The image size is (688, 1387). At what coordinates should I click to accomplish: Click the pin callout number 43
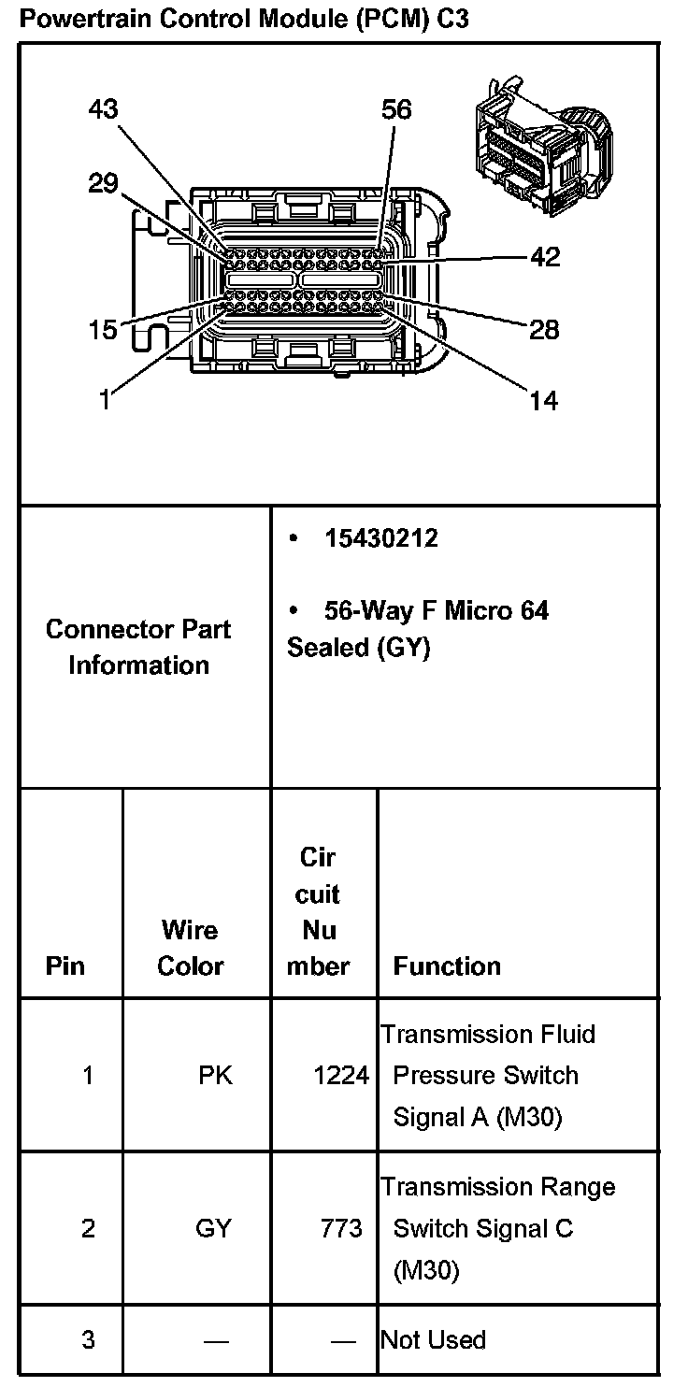tap(104, 109)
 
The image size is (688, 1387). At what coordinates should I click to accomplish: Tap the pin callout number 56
tap(396, 109)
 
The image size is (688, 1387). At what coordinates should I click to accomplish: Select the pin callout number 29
tap(104, 182)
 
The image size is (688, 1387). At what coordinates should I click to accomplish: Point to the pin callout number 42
tap(545, 256)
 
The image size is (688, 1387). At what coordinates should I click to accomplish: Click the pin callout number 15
tap(104, 329)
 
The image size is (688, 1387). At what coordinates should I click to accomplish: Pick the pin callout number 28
tap(544, 329)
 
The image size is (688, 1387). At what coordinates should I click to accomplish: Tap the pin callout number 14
tap(544, 401)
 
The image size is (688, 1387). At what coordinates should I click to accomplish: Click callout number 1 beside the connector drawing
tap(105, 401)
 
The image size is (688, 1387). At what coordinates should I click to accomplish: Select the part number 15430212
tap(381, 538)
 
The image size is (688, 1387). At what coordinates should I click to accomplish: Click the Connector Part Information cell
tap(138, 647)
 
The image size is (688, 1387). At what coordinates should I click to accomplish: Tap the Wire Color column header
tap(190, 948)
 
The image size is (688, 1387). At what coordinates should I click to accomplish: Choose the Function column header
tap(447, 965)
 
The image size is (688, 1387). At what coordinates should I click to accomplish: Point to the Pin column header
tap(64, 965)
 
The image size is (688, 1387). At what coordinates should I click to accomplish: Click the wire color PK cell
tap(215, 1075)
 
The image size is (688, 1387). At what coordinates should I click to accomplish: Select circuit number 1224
tap(341, 1076)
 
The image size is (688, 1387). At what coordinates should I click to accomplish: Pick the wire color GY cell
tap(213, 1227)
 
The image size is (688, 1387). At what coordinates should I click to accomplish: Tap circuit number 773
tap(341, 1227)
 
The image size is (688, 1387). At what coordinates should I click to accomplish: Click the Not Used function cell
tap(433, 1339)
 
